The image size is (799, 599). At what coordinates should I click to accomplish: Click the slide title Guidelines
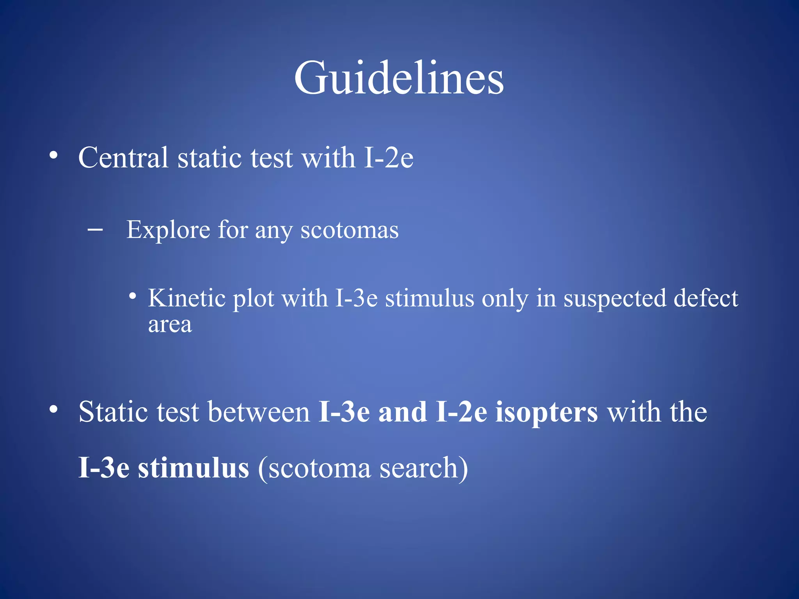click(399, 78)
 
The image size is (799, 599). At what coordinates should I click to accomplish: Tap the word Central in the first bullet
click(123, 158)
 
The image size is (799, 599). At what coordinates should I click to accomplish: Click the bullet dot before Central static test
click(53, 156)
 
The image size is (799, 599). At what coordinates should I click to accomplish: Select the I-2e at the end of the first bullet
click(389, 158)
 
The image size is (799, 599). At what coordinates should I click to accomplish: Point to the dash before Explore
click(95, 230)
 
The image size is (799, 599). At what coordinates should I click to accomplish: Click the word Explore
click(168, 230)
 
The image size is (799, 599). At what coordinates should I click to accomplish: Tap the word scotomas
click(350, 230)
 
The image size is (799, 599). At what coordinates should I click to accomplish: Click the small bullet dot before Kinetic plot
click(133, 296)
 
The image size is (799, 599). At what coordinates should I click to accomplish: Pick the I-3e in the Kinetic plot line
click(356, 298)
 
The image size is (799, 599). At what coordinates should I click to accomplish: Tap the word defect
click(706, 298)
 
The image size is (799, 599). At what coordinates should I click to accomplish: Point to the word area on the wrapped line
click(170, 325)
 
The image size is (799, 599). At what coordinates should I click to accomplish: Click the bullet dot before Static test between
click(53, 410)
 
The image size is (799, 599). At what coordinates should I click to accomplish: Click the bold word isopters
click(547, 413)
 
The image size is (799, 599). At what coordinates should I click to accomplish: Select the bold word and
click(403, 412)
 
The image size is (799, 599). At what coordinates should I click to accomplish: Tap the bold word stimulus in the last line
click(194, 468)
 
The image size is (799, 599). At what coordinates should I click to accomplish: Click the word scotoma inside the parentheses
click(319, 468)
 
